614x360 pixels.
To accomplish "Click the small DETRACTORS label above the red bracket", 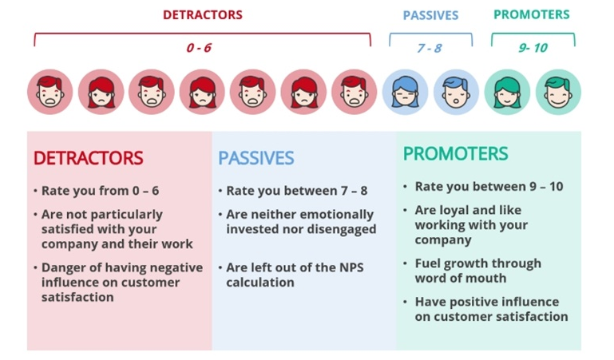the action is coord(203,15).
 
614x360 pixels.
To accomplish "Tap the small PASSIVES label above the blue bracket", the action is coord(430,15).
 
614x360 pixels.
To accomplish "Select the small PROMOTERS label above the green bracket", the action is coord(532,14).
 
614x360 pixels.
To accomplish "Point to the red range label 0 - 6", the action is coord(199,48).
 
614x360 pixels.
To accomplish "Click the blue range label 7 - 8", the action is coord(430,48).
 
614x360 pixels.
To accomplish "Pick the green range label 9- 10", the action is coord(533,48).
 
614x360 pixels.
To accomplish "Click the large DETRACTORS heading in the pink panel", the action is coord(88,158).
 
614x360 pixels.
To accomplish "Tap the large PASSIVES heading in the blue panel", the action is coord(256,158).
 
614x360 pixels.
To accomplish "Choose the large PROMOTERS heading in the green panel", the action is coord(455,153).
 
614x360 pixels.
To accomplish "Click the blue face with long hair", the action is coord(406,93).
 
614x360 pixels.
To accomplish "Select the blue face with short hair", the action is coord(456,93).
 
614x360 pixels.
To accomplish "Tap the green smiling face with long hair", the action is coord(507,93).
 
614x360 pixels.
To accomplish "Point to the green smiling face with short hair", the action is coord(558,93).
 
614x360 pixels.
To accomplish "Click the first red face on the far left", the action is coord(50,93).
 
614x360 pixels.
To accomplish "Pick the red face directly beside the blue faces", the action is coord(355,93).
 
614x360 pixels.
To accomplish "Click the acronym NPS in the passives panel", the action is coord(351,267).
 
